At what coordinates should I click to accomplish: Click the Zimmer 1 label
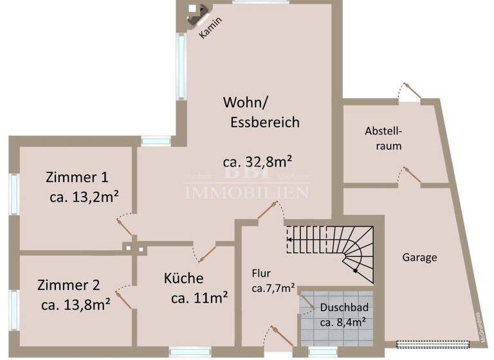pyautogui.click(x=77, y=177)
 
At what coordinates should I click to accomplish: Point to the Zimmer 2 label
pyautogui.click(x=68, y=285)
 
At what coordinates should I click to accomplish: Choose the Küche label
pyautogui.click(x=183, y=278)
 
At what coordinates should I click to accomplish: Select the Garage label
pyautogui.click(x=419, y=257)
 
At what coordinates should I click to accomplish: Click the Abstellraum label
pyautogui.click(x=383, y=138)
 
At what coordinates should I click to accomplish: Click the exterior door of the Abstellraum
pyautogui.click(x=409, y=94)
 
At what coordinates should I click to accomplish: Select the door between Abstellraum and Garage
pyautogui.click(x=411, y=175)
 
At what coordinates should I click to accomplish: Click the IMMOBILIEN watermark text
pyautogui.click(x=247, y=191)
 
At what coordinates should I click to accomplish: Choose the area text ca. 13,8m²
pyautogui.click(x=75, y=304)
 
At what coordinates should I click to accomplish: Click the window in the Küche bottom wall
pyautogui.click(x=190, y=350)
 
